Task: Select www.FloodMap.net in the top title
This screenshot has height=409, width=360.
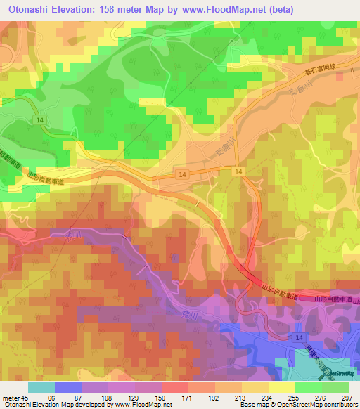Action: [221, 9]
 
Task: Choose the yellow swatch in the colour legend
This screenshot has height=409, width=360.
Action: [281, 387]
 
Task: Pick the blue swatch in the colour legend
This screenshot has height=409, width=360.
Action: [69, 387]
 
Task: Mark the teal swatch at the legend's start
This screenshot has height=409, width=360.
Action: [41, 387]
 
